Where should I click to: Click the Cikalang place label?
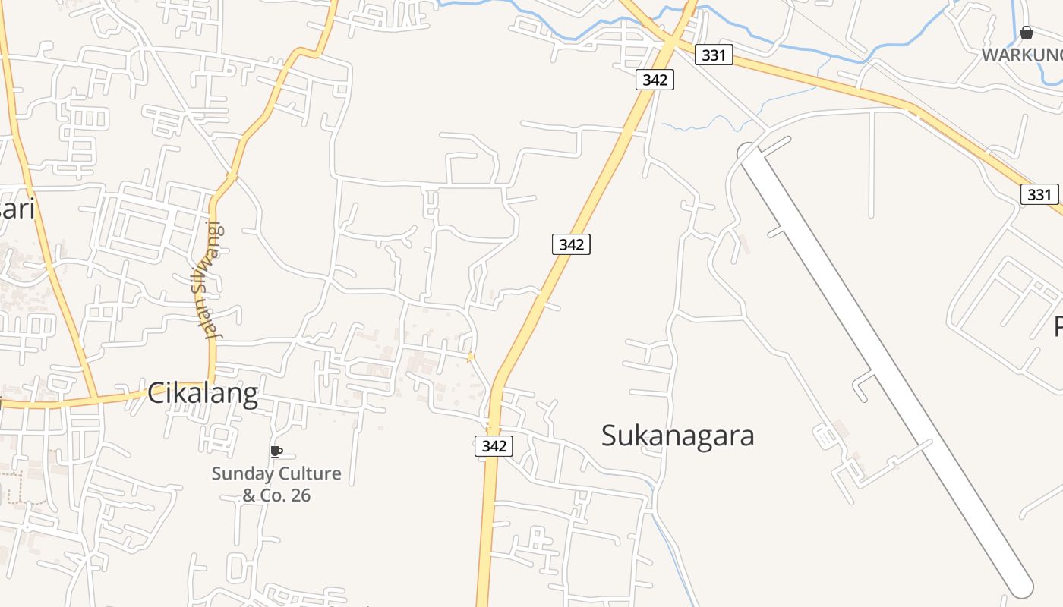(202, 394)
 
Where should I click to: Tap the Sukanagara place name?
(677, 436)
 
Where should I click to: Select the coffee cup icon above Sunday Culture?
(276, 451)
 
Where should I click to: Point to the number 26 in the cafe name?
(299, 495)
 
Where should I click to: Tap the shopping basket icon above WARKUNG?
(1027, 33)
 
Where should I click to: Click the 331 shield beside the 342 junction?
(714, 55)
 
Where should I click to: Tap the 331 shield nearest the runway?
(1039, 194)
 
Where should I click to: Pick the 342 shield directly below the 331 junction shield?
(655, 79)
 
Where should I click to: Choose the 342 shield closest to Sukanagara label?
(494, 446)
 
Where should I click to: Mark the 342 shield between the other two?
(571, 244)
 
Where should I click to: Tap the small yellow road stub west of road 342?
(471, 357)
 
